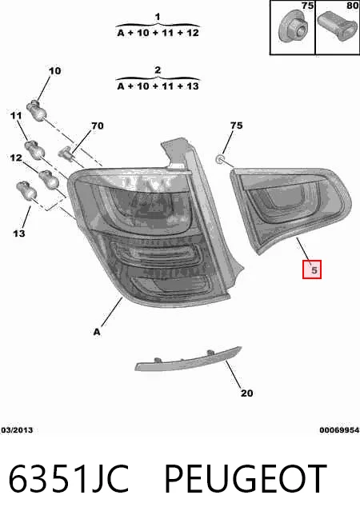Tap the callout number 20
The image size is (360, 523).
point(247,393)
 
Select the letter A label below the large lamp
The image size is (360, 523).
point(97,332)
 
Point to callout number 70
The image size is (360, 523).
point(98,126)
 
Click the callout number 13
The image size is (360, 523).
point(19,234)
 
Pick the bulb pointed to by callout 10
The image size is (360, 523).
point(36,110)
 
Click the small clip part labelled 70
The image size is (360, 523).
point(66,153)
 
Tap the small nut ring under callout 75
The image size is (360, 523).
point(220,159)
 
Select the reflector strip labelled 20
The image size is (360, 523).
point(188,359)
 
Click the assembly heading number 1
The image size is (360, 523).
point(158,16)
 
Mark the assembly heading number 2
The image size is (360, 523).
point(158,70)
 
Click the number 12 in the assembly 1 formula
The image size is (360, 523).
point(193,33)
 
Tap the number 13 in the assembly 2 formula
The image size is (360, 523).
point(193,86)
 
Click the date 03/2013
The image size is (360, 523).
point(17,430)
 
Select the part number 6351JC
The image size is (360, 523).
point(69,478)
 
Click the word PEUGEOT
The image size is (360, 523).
point(246,478)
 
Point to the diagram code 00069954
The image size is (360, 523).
point(339,430)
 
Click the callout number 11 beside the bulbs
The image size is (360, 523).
point(16,115)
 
